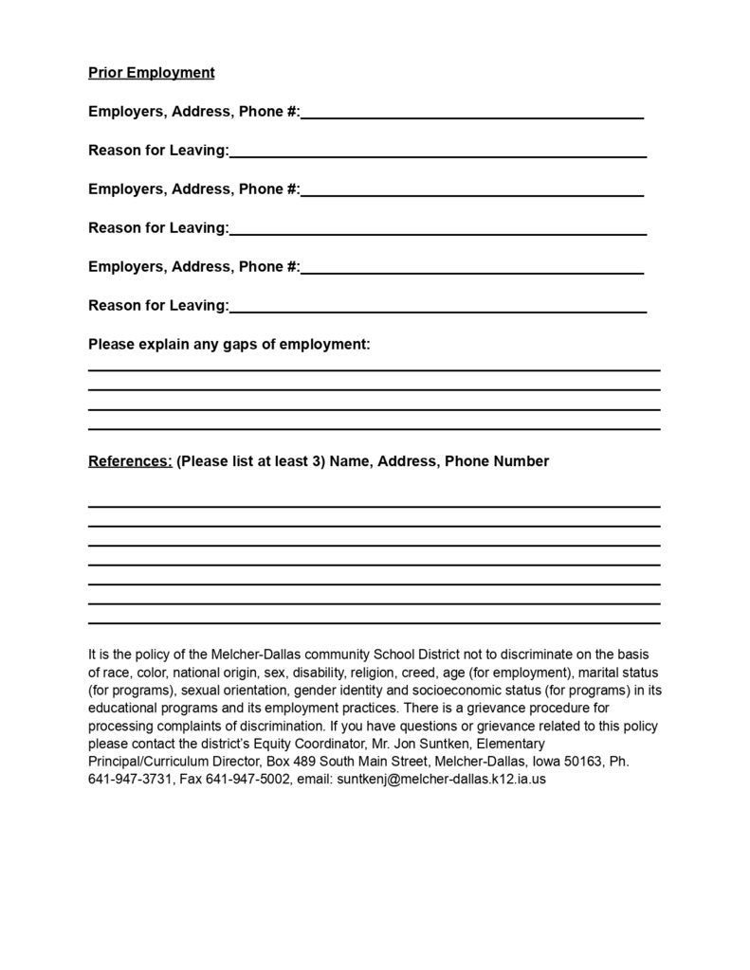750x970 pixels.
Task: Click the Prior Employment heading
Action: tap(152, 73)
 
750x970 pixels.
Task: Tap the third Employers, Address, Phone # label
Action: tap(193, 267)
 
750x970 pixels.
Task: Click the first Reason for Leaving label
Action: tap(158, 151)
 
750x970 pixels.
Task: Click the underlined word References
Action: tap(130, 462)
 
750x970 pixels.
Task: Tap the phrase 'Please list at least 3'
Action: tap(250, 462)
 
